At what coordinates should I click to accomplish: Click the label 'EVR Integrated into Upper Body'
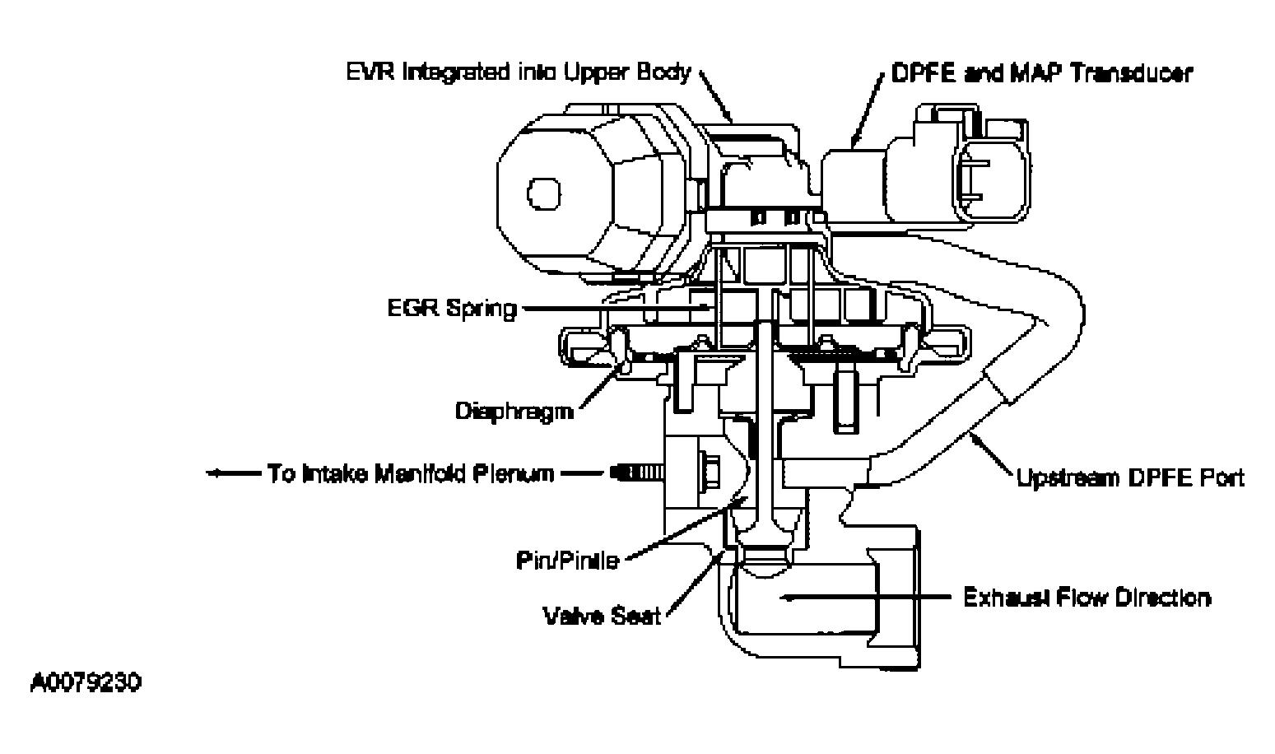[x=517, y=72]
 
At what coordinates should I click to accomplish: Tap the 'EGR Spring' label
[x=452, y=309]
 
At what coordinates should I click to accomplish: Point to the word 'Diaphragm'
[x=514, y=410]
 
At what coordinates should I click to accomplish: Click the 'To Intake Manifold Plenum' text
[x=410, y=474]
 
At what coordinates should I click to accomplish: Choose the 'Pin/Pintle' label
[x=566, y=561]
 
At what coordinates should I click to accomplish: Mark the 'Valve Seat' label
[x=601, y=615]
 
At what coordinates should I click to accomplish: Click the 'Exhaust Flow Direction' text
[x=1087, y=597]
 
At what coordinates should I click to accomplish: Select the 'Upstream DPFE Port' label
[x=1130, y=477]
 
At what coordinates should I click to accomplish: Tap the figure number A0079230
[x=86, y=683]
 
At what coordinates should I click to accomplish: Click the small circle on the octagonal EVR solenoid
[x=543, y=194]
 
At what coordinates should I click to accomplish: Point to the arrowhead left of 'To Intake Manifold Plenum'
[x=214, y=473]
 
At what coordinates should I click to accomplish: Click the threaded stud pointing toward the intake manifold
[x=637, y=473]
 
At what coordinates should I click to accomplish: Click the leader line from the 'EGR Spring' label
[x=613, y=309]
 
